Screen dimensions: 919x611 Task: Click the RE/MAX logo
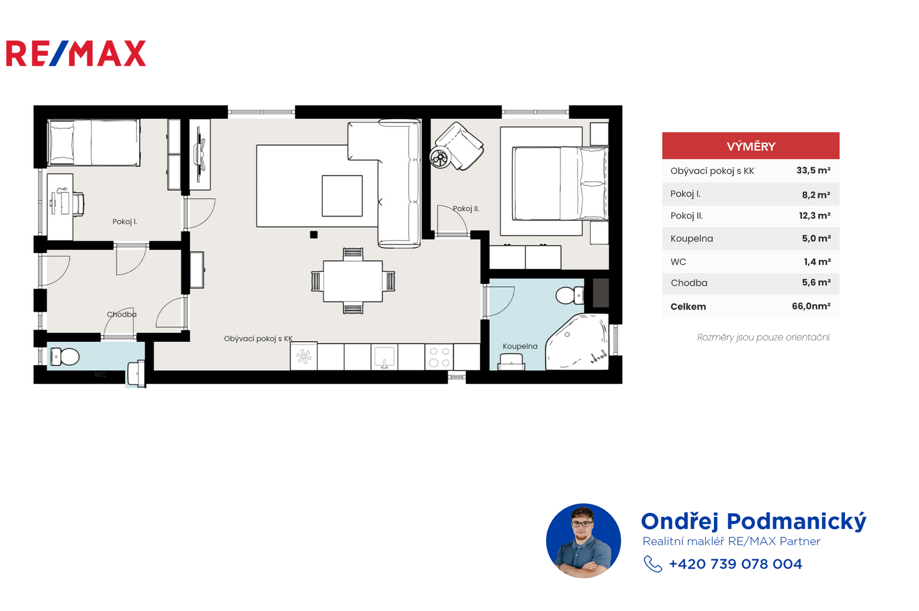(76, 53)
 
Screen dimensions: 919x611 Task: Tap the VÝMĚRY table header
(751, 146)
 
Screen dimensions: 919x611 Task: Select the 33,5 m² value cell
(813, 171)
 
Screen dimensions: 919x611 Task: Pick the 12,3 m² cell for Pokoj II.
(815, 216)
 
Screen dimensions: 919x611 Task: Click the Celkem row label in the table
(689, 307)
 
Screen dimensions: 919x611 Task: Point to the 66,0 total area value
(811, 306)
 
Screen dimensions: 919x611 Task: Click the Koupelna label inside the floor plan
(520, 346)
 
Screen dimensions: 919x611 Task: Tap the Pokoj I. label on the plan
(125, 222)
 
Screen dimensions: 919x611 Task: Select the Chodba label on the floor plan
(121, 315)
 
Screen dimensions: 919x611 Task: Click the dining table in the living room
(353, 281)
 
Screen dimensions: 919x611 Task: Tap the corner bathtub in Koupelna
(577, 342)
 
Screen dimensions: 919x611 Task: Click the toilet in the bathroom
(570, 295)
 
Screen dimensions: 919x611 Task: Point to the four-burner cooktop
(439, 357)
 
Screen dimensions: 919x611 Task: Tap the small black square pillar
(314, 235)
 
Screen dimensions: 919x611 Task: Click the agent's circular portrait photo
(584, 541)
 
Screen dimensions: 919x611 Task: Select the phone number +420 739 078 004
(735, 564)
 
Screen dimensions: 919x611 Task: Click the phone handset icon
(652, 564)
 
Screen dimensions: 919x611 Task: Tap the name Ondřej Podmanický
(754, 521)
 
